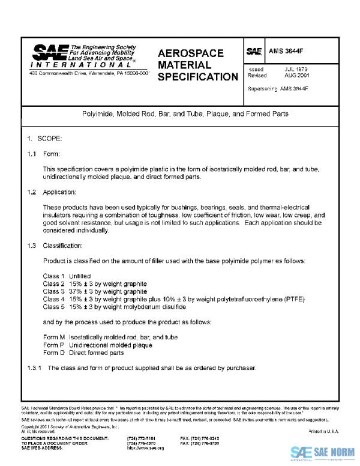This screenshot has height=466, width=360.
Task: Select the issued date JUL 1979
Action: [296, 69]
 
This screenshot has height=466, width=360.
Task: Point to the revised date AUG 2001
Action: [297, 76]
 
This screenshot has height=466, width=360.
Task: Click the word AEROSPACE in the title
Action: [190, 53]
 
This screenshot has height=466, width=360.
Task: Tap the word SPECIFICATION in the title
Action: [197, 77]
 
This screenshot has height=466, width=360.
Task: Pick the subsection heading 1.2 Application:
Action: [52, 192]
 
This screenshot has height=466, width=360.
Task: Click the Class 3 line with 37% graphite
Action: [95, 291]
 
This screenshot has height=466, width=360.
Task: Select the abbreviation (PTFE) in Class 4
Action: [295, 299]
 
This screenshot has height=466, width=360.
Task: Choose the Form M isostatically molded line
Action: [110, 337]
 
